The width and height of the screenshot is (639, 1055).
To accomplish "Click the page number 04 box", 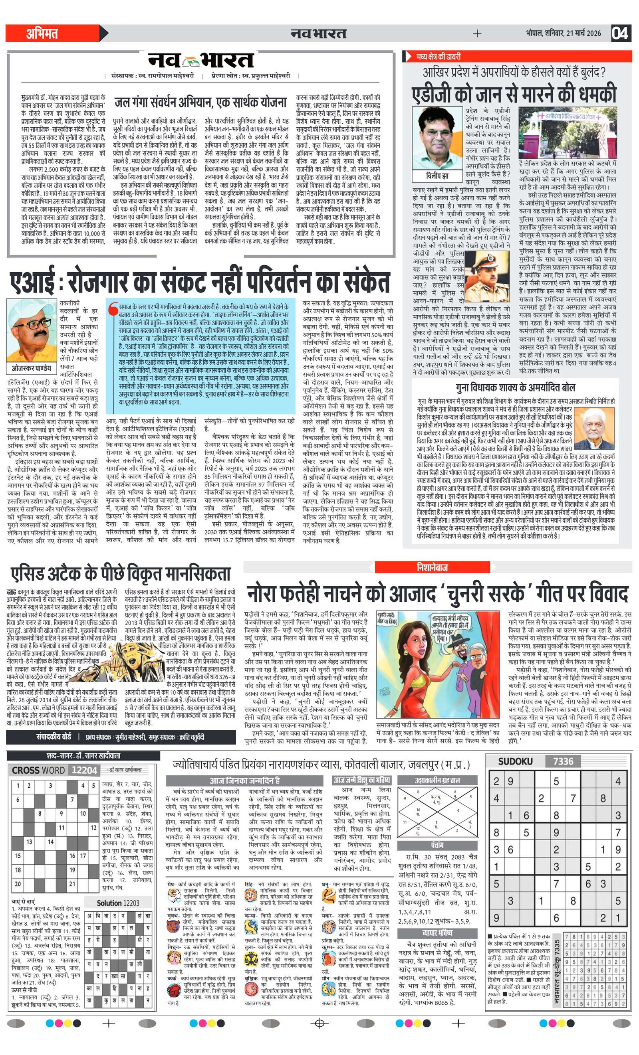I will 620,33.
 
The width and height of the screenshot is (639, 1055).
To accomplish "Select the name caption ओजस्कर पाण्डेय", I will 32,369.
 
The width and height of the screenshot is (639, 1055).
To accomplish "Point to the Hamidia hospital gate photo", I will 567,132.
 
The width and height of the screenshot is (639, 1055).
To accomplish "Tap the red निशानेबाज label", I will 432,567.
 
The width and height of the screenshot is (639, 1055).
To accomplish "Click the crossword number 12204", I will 84,770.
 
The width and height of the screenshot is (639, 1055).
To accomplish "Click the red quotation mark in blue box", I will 113,310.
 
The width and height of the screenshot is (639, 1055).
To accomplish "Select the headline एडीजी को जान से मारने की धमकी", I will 514,94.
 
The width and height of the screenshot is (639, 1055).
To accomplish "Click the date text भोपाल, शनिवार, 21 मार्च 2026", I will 563,34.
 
